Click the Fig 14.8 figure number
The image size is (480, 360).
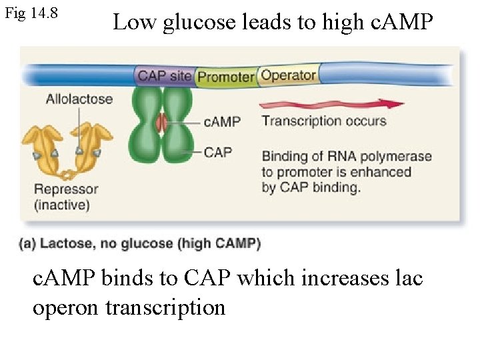31,13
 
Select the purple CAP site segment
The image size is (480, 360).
165,75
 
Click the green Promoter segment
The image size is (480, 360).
226,77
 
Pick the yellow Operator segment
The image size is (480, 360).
289,75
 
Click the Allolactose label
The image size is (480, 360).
79,99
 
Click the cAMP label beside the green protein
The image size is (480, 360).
221,122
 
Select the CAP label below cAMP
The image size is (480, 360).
218,152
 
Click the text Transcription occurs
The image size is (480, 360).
324,121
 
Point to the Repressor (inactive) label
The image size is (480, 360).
65,197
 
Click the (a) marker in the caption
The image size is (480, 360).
28,243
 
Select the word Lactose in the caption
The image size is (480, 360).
64,243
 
